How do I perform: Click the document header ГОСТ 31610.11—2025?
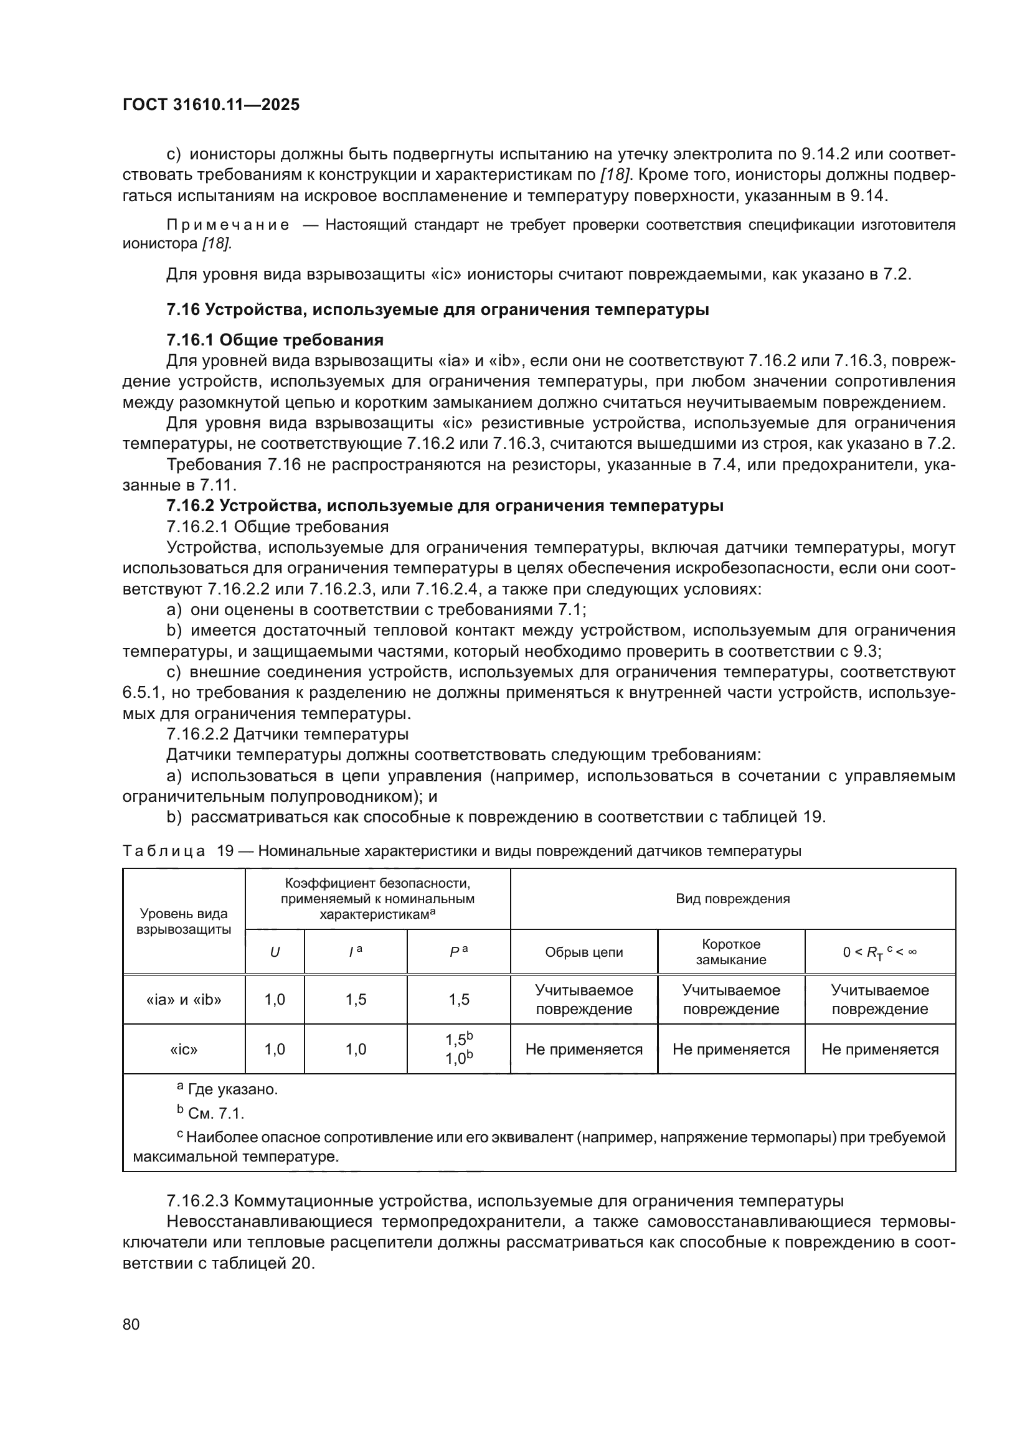(210, 105)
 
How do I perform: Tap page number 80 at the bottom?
(131, 1324)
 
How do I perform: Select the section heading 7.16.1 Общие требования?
(275, 340)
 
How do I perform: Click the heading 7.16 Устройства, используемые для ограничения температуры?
(438, 309)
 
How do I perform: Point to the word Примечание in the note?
(228, 225)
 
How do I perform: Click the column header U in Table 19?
(275, 952)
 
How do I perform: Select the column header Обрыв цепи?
(584, 952)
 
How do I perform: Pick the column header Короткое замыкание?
(730, 951)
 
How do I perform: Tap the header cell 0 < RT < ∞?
(880, 952)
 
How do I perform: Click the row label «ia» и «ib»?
(184, 1000)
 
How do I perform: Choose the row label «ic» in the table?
(184, 1049)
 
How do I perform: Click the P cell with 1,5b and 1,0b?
(458, 1049)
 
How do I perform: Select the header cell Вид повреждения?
(732, 899)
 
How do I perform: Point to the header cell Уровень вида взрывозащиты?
(184, 921)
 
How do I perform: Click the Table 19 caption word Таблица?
(164, 851)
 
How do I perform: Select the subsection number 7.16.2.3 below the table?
(197, 1201)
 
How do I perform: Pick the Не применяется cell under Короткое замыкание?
(730, 1049)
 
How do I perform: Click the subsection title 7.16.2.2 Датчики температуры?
(287, 734)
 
